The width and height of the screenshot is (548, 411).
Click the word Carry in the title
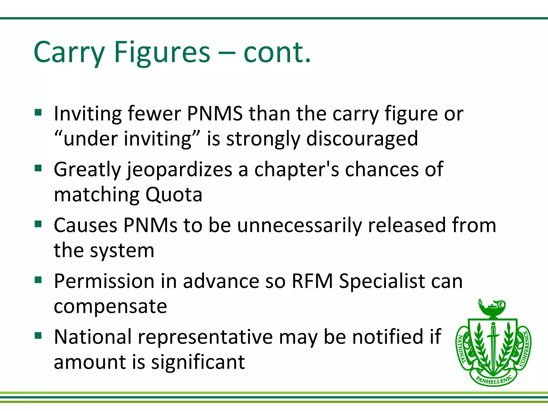[69, 52]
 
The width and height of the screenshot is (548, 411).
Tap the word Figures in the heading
[162, 52]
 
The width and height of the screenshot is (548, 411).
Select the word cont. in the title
[277, 52]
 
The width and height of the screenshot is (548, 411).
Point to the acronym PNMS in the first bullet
[215, 114]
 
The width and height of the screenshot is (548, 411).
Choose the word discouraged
[362, 139]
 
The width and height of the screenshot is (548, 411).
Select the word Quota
[174, 195]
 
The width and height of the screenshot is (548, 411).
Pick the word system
[122, 251]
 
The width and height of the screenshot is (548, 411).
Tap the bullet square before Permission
[38, 280]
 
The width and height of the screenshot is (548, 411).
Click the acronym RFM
[312, 281]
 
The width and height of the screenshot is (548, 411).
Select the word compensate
[111, 306]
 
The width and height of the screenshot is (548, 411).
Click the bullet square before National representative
[38, 336]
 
